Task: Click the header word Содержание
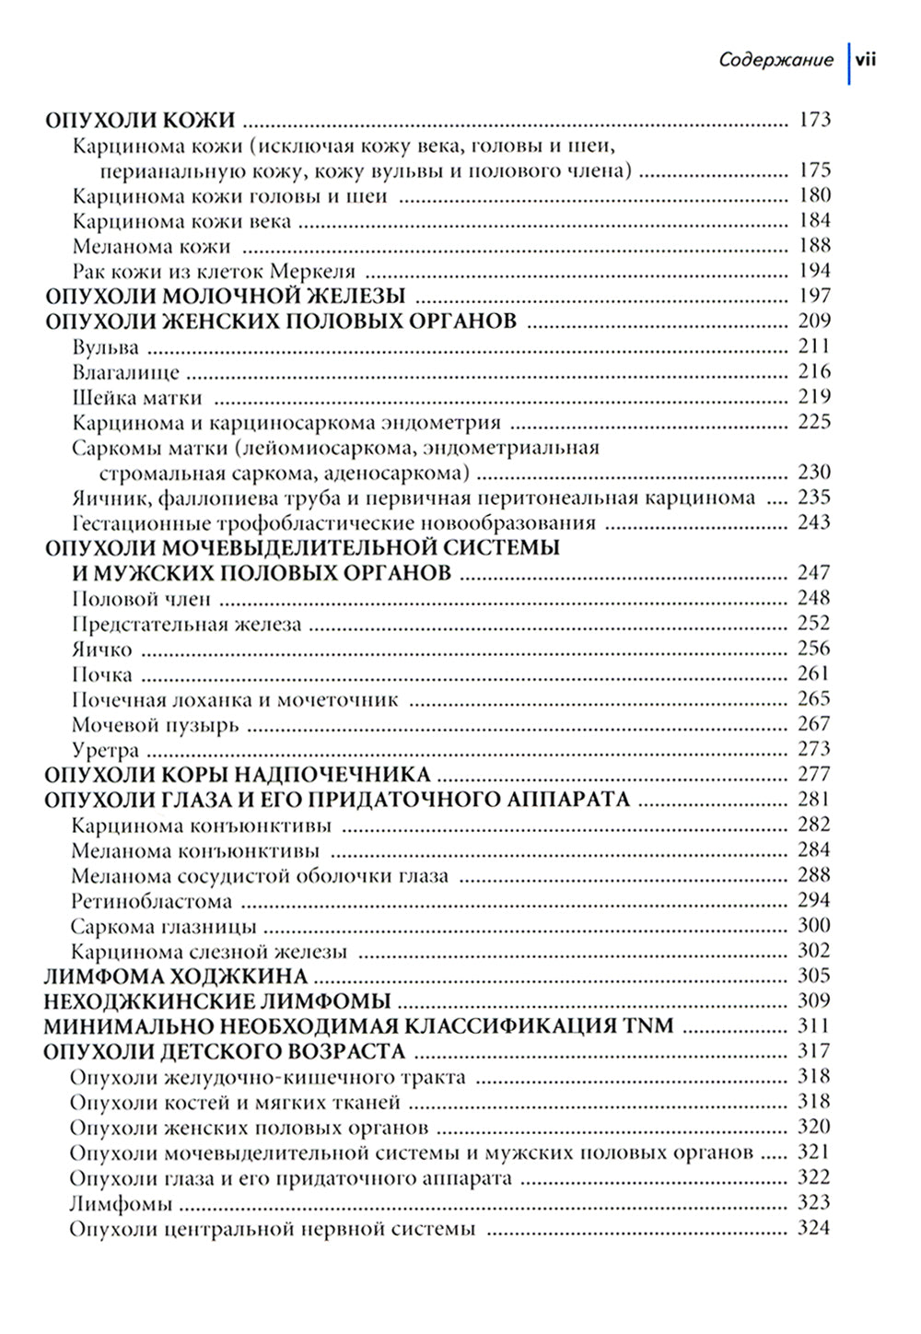point(775,61)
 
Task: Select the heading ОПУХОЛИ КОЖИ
point(141,120)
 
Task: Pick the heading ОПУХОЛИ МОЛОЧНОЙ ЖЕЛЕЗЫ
point(225,297)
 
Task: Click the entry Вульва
point(105,347)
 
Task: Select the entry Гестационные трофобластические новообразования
point(333,523)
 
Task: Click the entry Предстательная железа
point(187,625)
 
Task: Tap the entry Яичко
point(101,649)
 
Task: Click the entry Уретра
point(105,750)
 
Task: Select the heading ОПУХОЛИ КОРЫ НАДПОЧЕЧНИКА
point(238,775)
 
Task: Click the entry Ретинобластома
point(151,901)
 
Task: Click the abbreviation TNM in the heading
point(652,1026)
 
